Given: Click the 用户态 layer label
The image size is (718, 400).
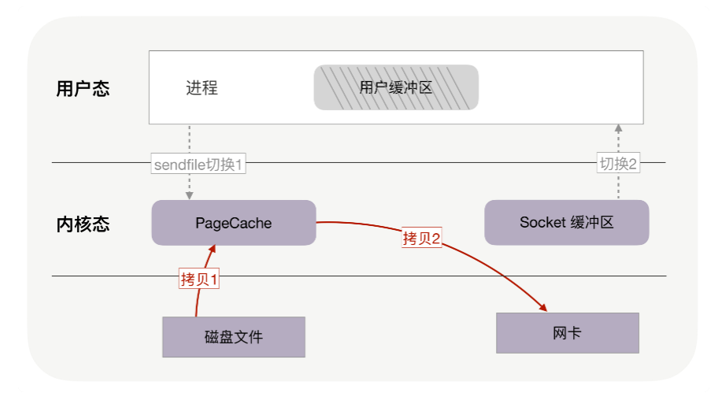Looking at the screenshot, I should click(x=83, y=88).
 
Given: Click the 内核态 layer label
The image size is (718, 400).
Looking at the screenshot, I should click(x=83, y=224).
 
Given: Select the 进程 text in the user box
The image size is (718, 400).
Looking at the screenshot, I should click(x=202, y=88).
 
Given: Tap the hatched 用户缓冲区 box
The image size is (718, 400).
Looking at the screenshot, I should click(x=396, y=87).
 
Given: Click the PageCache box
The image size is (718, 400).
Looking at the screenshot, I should click(x=233, y=223).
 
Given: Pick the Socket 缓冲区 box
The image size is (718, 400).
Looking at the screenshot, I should click(x=566, y=222).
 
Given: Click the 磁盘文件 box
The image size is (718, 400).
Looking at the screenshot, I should click(x=233, y=337).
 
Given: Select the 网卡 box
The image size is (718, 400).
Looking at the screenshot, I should click(x=567, y=333).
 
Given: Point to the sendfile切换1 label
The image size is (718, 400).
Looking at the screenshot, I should click(x=200, y=165).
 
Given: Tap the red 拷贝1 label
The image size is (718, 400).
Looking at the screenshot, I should click(x=198, y=279).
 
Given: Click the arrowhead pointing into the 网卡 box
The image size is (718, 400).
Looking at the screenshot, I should click(x=542, y=306).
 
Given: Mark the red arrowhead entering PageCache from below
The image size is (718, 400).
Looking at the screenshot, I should click(x=211, y=250).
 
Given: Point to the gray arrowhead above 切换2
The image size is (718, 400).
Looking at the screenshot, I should click(x=618, y=128).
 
